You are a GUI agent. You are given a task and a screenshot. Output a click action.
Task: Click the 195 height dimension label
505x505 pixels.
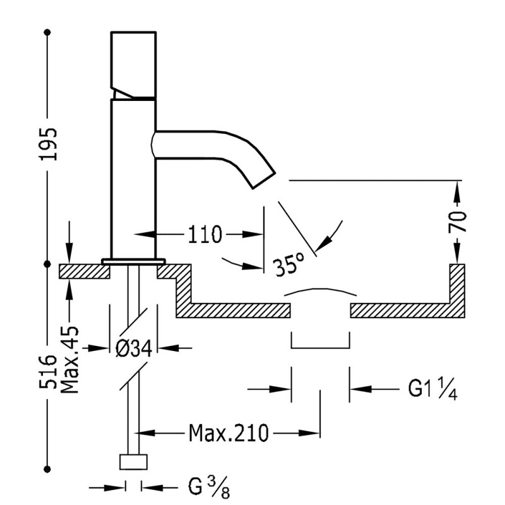coord(48,143)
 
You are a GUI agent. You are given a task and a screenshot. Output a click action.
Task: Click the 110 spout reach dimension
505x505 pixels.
coord(205,235)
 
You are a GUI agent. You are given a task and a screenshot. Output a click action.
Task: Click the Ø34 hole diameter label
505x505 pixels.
coord(134,348)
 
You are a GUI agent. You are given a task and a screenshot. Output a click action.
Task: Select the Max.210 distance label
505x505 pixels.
coord(228,433)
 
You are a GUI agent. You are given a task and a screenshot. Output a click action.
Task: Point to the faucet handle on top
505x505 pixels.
coord(133,63)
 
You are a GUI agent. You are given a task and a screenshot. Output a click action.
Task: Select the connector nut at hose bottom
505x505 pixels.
coord(133,462)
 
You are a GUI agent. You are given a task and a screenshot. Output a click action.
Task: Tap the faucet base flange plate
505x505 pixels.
coord(133,261)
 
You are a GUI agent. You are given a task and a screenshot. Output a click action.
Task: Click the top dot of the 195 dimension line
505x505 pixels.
coord(48,31)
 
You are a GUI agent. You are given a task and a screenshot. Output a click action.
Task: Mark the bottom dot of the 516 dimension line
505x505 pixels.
coord(48,468)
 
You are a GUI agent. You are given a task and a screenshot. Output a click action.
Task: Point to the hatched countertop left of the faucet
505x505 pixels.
coord(85,271)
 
